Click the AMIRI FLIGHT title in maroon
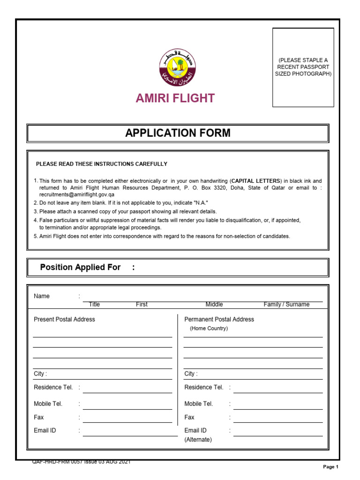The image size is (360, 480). (x=175, y=98)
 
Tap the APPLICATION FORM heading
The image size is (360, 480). (x=178, y=133)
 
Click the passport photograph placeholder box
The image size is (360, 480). (x=303, y=67)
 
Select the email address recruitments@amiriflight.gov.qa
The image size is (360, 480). (x=77, y=194)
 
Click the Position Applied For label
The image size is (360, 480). (x=80, y=267)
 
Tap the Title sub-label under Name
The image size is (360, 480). (x=94, y=305)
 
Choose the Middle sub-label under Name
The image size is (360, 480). (x=214, y=305)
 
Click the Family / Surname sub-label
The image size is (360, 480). (x=286, y=305)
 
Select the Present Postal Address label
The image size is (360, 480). (x=64, y=319)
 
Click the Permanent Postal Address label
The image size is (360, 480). (x=219, y=319)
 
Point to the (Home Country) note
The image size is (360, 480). (x=209, y=329)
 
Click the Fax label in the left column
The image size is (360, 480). (x=38, y=417)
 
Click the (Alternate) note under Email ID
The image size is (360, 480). (x=198, y=440)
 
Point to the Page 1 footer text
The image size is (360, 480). (x=330, y=467)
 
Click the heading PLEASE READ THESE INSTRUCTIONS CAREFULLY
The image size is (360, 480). (x=102, y=164)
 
